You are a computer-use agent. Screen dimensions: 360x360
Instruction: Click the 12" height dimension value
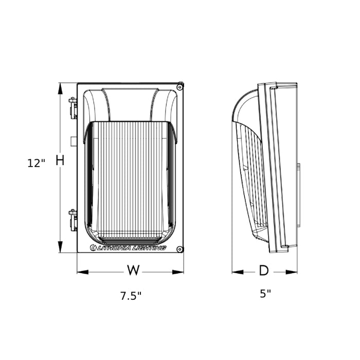pyautogui.click(x=36, y=163)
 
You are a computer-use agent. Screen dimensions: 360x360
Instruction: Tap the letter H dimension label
pyautogui.click(x=60, y=160)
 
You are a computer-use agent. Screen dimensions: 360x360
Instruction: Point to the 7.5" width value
pyautogui.click(x=131, y=296)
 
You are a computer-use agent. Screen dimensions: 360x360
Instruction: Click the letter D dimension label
pyautogui.click(x=263, y=271)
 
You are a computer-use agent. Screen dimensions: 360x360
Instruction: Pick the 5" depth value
pyautogui.click(x=265, y=294)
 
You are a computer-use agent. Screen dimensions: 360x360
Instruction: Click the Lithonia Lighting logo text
pyautogui.click(x=128, y=248)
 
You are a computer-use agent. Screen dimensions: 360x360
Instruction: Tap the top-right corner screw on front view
pyautogui.click(x=179, y=87)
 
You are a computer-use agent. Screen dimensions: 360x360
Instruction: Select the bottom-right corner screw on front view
pyautogui.click(x=179, y=249)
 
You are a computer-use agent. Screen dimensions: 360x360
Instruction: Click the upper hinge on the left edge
pyautogui.click(x=73, y=108)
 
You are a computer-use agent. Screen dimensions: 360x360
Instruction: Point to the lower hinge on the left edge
pyautogui.click(x=73, y=220)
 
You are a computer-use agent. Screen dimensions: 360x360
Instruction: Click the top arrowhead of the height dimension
pyautogui.click(x=60, y=87)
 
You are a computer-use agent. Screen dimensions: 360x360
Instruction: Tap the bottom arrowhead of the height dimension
pyautogui.click(x=60, y=248)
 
